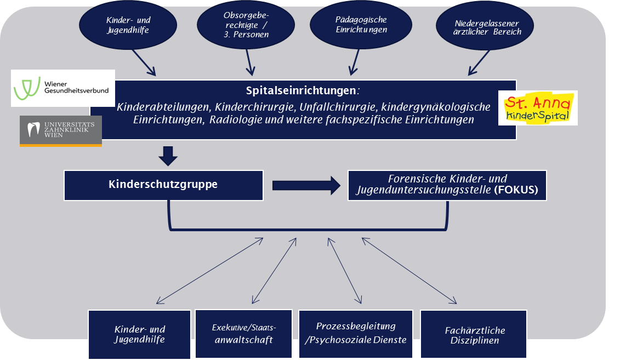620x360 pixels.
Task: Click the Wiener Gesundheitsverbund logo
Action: (x=63, y=88)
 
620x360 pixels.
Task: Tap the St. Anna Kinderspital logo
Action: (x=537, y=108)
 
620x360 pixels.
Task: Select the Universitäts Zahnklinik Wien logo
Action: (x=60, y=131)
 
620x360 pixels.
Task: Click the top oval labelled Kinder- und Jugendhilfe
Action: (x=128, y=25)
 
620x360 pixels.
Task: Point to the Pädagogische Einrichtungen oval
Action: (x=361, y=25)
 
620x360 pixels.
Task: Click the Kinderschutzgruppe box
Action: (x=163, y=185)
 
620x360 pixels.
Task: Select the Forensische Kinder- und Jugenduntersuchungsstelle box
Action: (x=447, y=185)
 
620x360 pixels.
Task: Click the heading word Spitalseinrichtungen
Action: (x=302, y=89)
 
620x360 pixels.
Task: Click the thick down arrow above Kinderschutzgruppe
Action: (x=168, y=156)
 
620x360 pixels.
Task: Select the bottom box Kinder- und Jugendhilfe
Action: (x=139, y=334)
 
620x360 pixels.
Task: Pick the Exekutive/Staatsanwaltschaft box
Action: (x=244, y=334)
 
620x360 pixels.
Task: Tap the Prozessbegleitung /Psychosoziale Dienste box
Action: (x=355, y=333)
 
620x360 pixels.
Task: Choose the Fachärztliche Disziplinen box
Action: (x=475, y=335)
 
